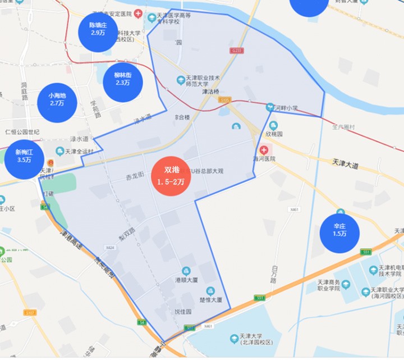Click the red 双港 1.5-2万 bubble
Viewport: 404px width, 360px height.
pyautogui.click(x=171, y=176)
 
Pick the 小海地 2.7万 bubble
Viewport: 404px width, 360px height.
pyautogui.click(x=57, y=99)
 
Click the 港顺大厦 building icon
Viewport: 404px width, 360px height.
pyautogui.click(x=186, y=271)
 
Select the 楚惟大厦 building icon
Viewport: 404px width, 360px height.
pyautogui.click(x=210, y=291)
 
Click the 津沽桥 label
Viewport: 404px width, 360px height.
pyautogui.click(x=210, y=92)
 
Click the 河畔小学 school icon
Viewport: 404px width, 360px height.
pyautogui.click(x=270, y=107)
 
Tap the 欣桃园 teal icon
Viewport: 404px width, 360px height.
pyautogui.click(x=273, y=125)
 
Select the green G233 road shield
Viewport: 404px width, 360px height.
pyautogui.click(x=237, y=51)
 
